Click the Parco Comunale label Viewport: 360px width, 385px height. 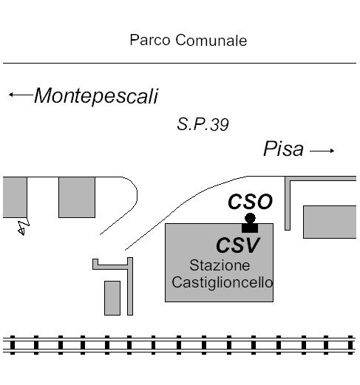coord(189,40)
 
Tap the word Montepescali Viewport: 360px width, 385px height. coord(96,96)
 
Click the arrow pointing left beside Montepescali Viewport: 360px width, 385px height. coord(21,95)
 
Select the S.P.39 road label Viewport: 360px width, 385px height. coord(203,124)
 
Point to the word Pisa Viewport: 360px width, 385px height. coord(283,149)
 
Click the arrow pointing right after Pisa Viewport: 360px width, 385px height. coord(322,151)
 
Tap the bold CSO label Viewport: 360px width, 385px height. coord(250,202)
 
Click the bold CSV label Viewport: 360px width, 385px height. coord(238,245)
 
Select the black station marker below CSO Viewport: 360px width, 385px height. coord(250,223)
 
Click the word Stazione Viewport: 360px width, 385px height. coord(220,265)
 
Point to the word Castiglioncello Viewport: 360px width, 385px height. coord(223,282)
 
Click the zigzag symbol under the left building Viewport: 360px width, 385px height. coord(24,227)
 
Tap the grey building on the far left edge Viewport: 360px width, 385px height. coord(15,197)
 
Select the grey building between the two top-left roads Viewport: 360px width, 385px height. coord(77,197)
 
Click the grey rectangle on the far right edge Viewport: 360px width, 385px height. coord(330,222)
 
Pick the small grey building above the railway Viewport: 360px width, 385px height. coord(112,298)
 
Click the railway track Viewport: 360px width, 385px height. coord(179,345)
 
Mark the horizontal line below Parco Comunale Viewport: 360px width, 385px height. coord(180,63)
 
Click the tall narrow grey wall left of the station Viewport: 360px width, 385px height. coord(130,286)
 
